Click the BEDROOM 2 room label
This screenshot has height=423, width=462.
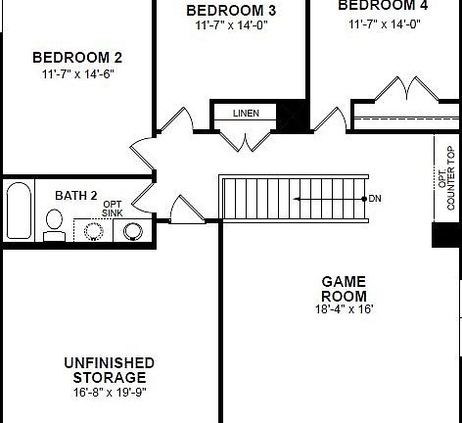(x=77, y=57)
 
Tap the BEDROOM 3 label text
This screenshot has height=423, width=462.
(x=231, y=11)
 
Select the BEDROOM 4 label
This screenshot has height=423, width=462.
(x=383, y=5)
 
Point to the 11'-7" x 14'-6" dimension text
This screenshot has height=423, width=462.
(x=77, y=73)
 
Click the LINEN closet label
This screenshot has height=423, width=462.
(x=246, y=114)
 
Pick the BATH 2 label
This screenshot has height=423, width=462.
(x=75, y=196)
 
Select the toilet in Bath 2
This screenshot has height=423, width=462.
(x=55, y=227)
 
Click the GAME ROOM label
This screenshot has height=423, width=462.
(x=344, y=289)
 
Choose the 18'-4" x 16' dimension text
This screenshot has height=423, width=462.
(x=344, y=309)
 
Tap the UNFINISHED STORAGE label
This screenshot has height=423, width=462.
(x=109, y=370)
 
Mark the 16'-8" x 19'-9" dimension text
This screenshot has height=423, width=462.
(x=109, y=392)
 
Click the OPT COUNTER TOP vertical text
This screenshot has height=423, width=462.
(x=446, y=179)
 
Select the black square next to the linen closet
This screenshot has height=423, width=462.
(x=291, y=116)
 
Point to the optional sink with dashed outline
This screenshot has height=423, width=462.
(x=95, y=232)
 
